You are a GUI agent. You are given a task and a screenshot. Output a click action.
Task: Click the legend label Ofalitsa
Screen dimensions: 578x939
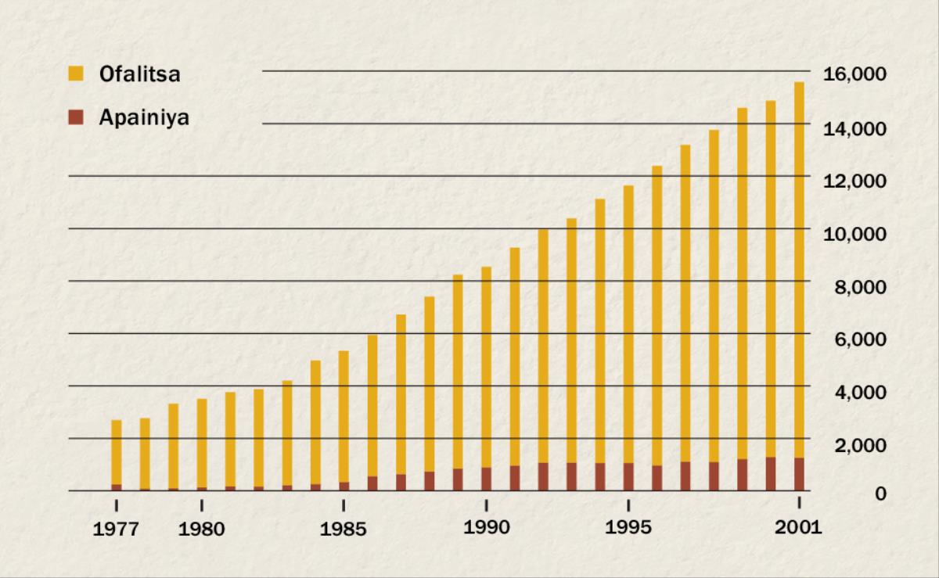point(140,75)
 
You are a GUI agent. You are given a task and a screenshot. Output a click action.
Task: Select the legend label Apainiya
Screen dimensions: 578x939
point(144,118)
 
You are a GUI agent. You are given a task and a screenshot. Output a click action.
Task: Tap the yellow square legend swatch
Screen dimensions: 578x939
point(76,74)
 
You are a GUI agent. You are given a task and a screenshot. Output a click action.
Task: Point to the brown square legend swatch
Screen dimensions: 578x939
point(76,118)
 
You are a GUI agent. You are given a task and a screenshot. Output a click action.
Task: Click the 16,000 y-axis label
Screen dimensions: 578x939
point(854,75)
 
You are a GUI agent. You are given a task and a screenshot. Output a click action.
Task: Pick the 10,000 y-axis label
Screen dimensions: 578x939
point(854,234)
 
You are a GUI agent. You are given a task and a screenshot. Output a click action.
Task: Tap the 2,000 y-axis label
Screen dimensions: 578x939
point(858,445)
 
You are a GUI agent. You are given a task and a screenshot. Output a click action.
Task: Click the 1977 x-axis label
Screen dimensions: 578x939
point(116,530)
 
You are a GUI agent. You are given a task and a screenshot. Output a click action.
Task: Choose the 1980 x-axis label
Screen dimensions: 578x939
point(201,530)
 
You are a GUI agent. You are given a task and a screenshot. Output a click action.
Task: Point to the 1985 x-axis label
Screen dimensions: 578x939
point(344,530)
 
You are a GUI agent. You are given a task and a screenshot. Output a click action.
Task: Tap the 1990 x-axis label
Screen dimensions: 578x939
point(486,528)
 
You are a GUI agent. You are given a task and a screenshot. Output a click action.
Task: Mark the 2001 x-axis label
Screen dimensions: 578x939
point(798,528)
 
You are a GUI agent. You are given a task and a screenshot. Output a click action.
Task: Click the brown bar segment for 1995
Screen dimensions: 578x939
point(628,476)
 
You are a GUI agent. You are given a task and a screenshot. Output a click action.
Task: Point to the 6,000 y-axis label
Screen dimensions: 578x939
point(858,339)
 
